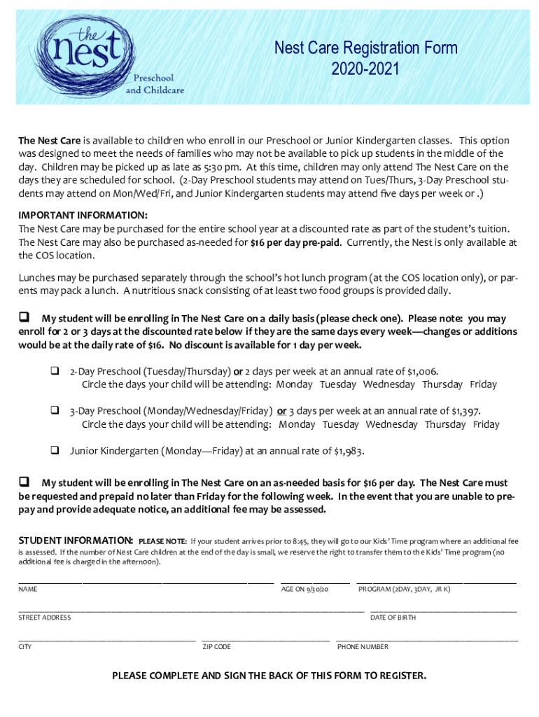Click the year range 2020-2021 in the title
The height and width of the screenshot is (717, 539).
365,69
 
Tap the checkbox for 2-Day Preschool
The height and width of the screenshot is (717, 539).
53,370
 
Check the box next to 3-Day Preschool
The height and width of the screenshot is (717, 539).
53,410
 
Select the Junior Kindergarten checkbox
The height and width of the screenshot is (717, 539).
53,450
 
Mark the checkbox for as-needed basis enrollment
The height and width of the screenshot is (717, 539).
24,482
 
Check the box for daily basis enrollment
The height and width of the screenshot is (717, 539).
24,318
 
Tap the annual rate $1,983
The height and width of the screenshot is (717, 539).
348,451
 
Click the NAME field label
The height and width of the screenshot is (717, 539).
28,590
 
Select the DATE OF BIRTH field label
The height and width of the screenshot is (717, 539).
393,618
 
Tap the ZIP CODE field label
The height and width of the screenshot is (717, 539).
216,647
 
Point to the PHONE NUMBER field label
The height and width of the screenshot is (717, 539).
363,647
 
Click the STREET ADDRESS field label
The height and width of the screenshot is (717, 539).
44,618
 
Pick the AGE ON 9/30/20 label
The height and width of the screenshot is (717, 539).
304,590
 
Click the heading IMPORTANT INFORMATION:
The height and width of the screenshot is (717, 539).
83,215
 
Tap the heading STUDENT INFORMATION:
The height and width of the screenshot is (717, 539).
76,541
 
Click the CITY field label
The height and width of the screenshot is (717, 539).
25,647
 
